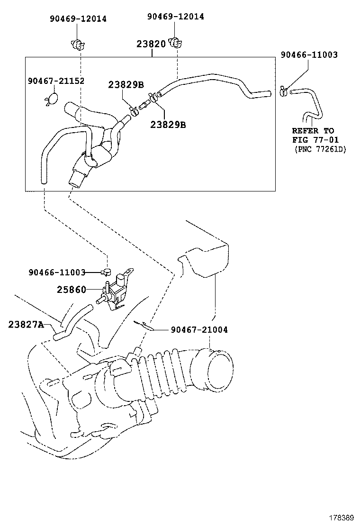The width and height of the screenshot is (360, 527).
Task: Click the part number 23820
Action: pos(151,44)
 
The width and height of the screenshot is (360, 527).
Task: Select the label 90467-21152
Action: pos(55,81)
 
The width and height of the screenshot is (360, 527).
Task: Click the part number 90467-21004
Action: pos(199,329)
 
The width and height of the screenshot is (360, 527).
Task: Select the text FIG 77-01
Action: pos(313,140)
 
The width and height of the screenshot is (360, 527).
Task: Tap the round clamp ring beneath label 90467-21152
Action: pos(52,99)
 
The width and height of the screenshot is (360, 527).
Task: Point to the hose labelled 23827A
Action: pos(71,322)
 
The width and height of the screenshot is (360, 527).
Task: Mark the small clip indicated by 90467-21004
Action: pos(142,325)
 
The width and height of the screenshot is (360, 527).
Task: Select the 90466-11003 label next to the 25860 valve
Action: pos(57,273)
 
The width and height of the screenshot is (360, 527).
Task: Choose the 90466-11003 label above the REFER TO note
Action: pos(309,55)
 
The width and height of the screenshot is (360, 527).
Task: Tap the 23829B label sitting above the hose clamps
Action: pos(126,85)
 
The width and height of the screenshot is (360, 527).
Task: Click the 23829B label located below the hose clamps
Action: pos(168,125)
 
